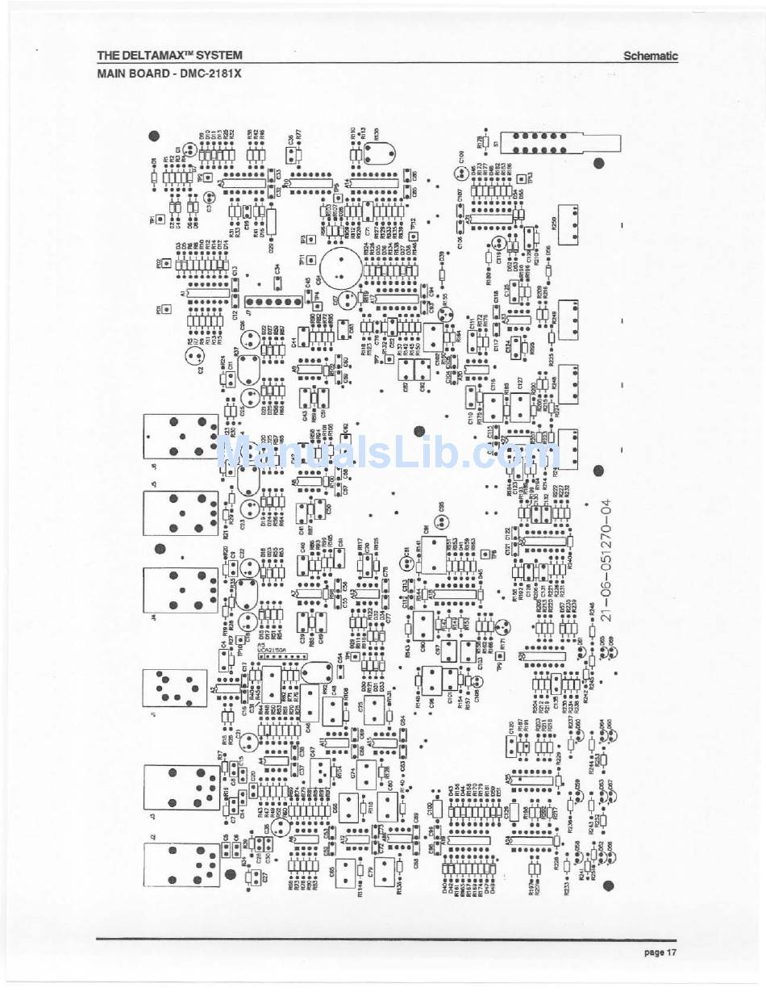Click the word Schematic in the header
[650, 56]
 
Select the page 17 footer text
[660, 952]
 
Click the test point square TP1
[162, 219]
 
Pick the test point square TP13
[519, 179]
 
